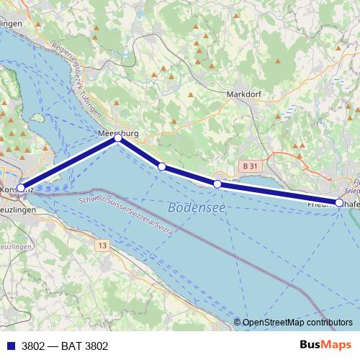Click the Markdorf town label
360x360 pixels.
pos(242,94)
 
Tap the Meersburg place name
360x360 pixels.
pos(117,133)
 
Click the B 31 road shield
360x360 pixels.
pos(250,166)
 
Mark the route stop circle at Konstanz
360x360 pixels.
pos(21,187)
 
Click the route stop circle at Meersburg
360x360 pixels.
pos(118,140)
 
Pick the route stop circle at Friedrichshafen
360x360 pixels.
pos(339,203)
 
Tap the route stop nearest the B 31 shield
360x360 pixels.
pos(217,184)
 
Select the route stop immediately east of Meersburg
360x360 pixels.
pos(162,166)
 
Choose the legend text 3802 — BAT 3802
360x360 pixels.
pos(65,346)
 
